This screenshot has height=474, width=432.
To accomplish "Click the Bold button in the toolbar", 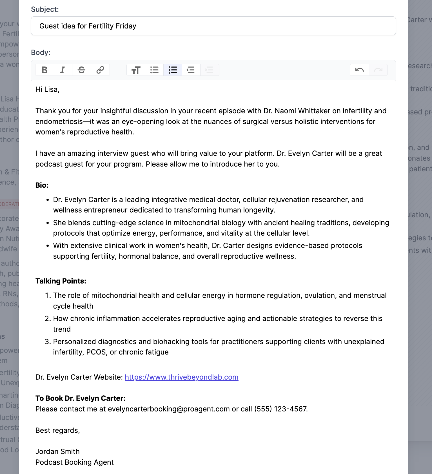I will (x=44, y=70).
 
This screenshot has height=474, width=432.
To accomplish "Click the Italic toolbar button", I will (x=63, y=70).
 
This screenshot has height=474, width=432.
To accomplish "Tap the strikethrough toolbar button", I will (x=81, y=70).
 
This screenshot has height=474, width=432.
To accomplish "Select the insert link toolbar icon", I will (x=100, y=70).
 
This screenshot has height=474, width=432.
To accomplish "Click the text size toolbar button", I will (x=136, y=70).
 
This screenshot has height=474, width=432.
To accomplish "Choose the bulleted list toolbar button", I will (x=154, y=70).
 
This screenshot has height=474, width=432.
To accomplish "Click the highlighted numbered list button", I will (x=173, y=70).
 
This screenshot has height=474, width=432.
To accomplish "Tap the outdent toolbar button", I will (x=191, y=70).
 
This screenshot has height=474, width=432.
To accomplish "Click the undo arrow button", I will (x=359, y=70).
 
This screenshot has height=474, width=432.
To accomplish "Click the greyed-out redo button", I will (x=378, y=70).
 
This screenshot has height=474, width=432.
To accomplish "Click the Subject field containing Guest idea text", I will (x=213, y=26).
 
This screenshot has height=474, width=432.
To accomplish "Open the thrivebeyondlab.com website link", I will (x=181, y=377).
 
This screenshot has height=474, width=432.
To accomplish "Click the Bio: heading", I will (x=42, y=185).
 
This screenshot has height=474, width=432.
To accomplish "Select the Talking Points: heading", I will (x=61, y=281).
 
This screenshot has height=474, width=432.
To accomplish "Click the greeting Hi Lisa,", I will (x=47, y=89).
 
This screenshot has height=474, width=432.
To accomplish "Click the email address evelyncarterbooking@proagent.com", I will (x=168, y=409).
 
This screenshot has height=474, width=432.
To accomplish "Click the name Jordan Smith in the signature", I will (x=57, y=451).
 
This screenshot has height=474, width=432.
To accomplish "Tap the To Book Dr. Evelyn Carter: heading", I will (x=80, y=398).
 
